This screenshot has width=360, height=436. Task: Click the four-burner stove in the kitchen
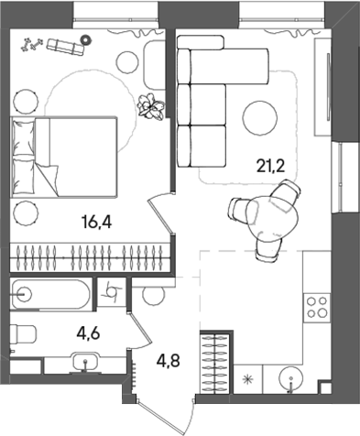click(x=317, y=309)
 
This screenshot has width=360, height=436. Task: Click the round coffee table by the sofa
click(x=261, y=116)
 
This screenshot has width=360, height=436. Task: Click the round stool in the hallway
click(x=153, y=295)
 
